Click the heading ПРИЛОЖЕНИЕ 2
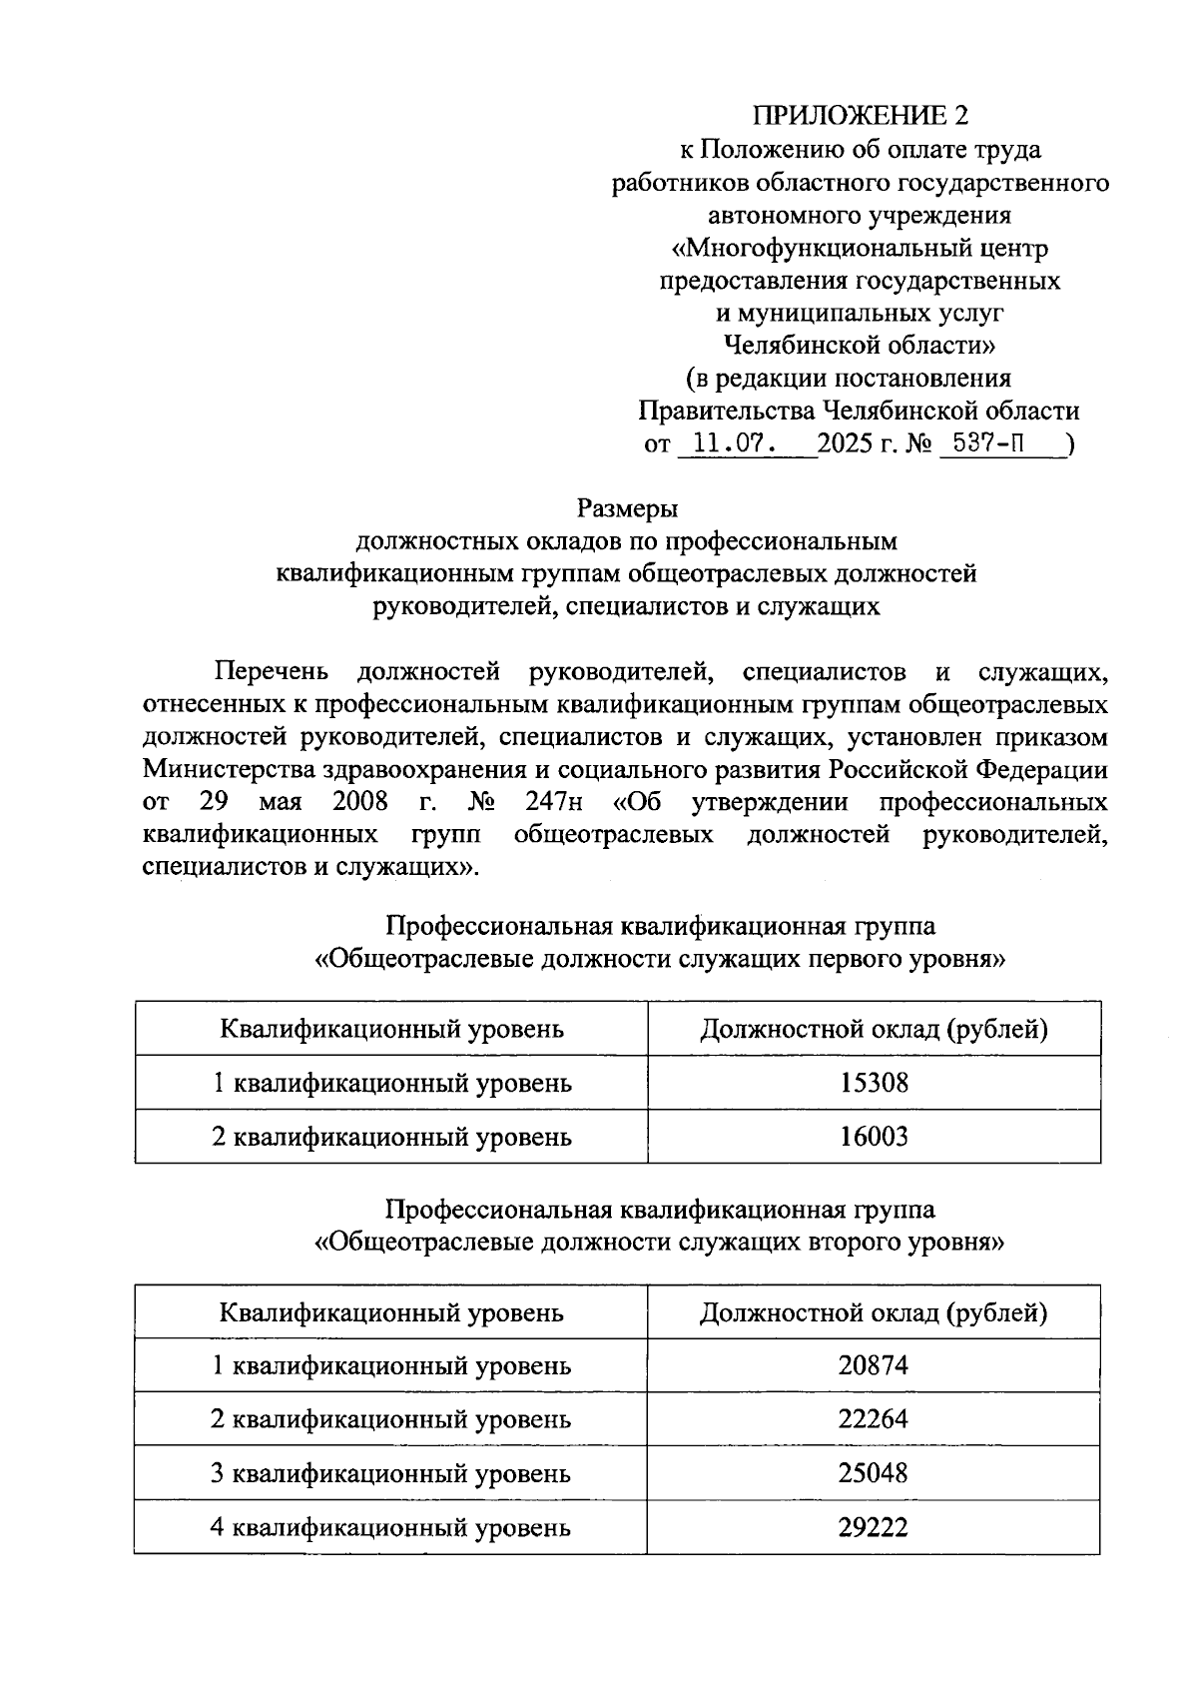pos(860,116)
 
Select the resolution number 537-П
pos(988,442)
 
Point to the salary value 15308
pos(874,1083)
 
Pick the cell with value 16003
pos(874,1137)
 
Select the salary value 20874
pos(874,1365)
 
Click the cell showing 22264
pos(874,1419)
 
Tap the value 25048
pos(874,1473)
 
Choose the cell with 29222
pos(874,1527)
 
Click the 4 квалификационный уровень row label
pos(390,1527)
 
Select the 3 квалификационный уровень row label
pos(390,1473)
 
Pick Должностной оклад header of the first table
pos(874,1029)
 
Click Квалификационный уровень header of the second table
pos(391,1312)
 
